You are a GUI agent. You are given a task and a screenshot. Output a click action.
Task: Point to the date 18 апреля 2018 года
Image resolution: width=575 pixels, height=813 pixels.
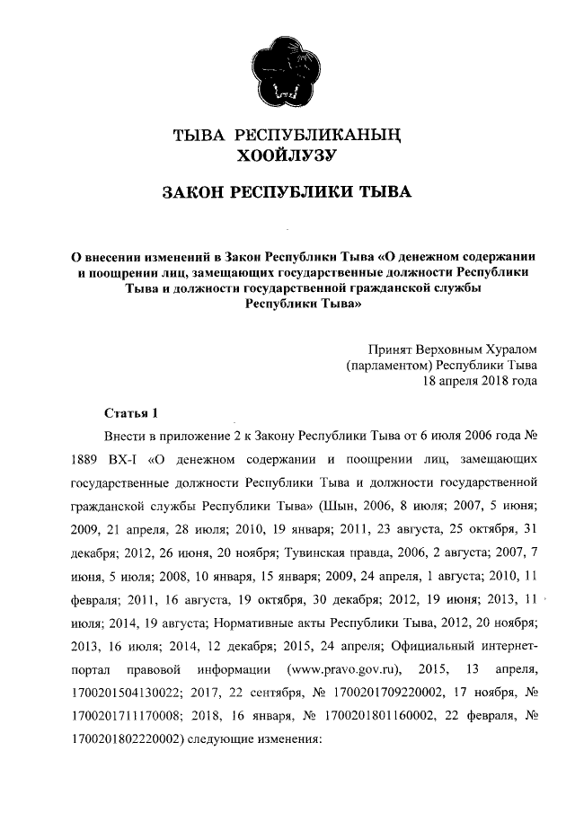pyautogui.click(x=481, y=380)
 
